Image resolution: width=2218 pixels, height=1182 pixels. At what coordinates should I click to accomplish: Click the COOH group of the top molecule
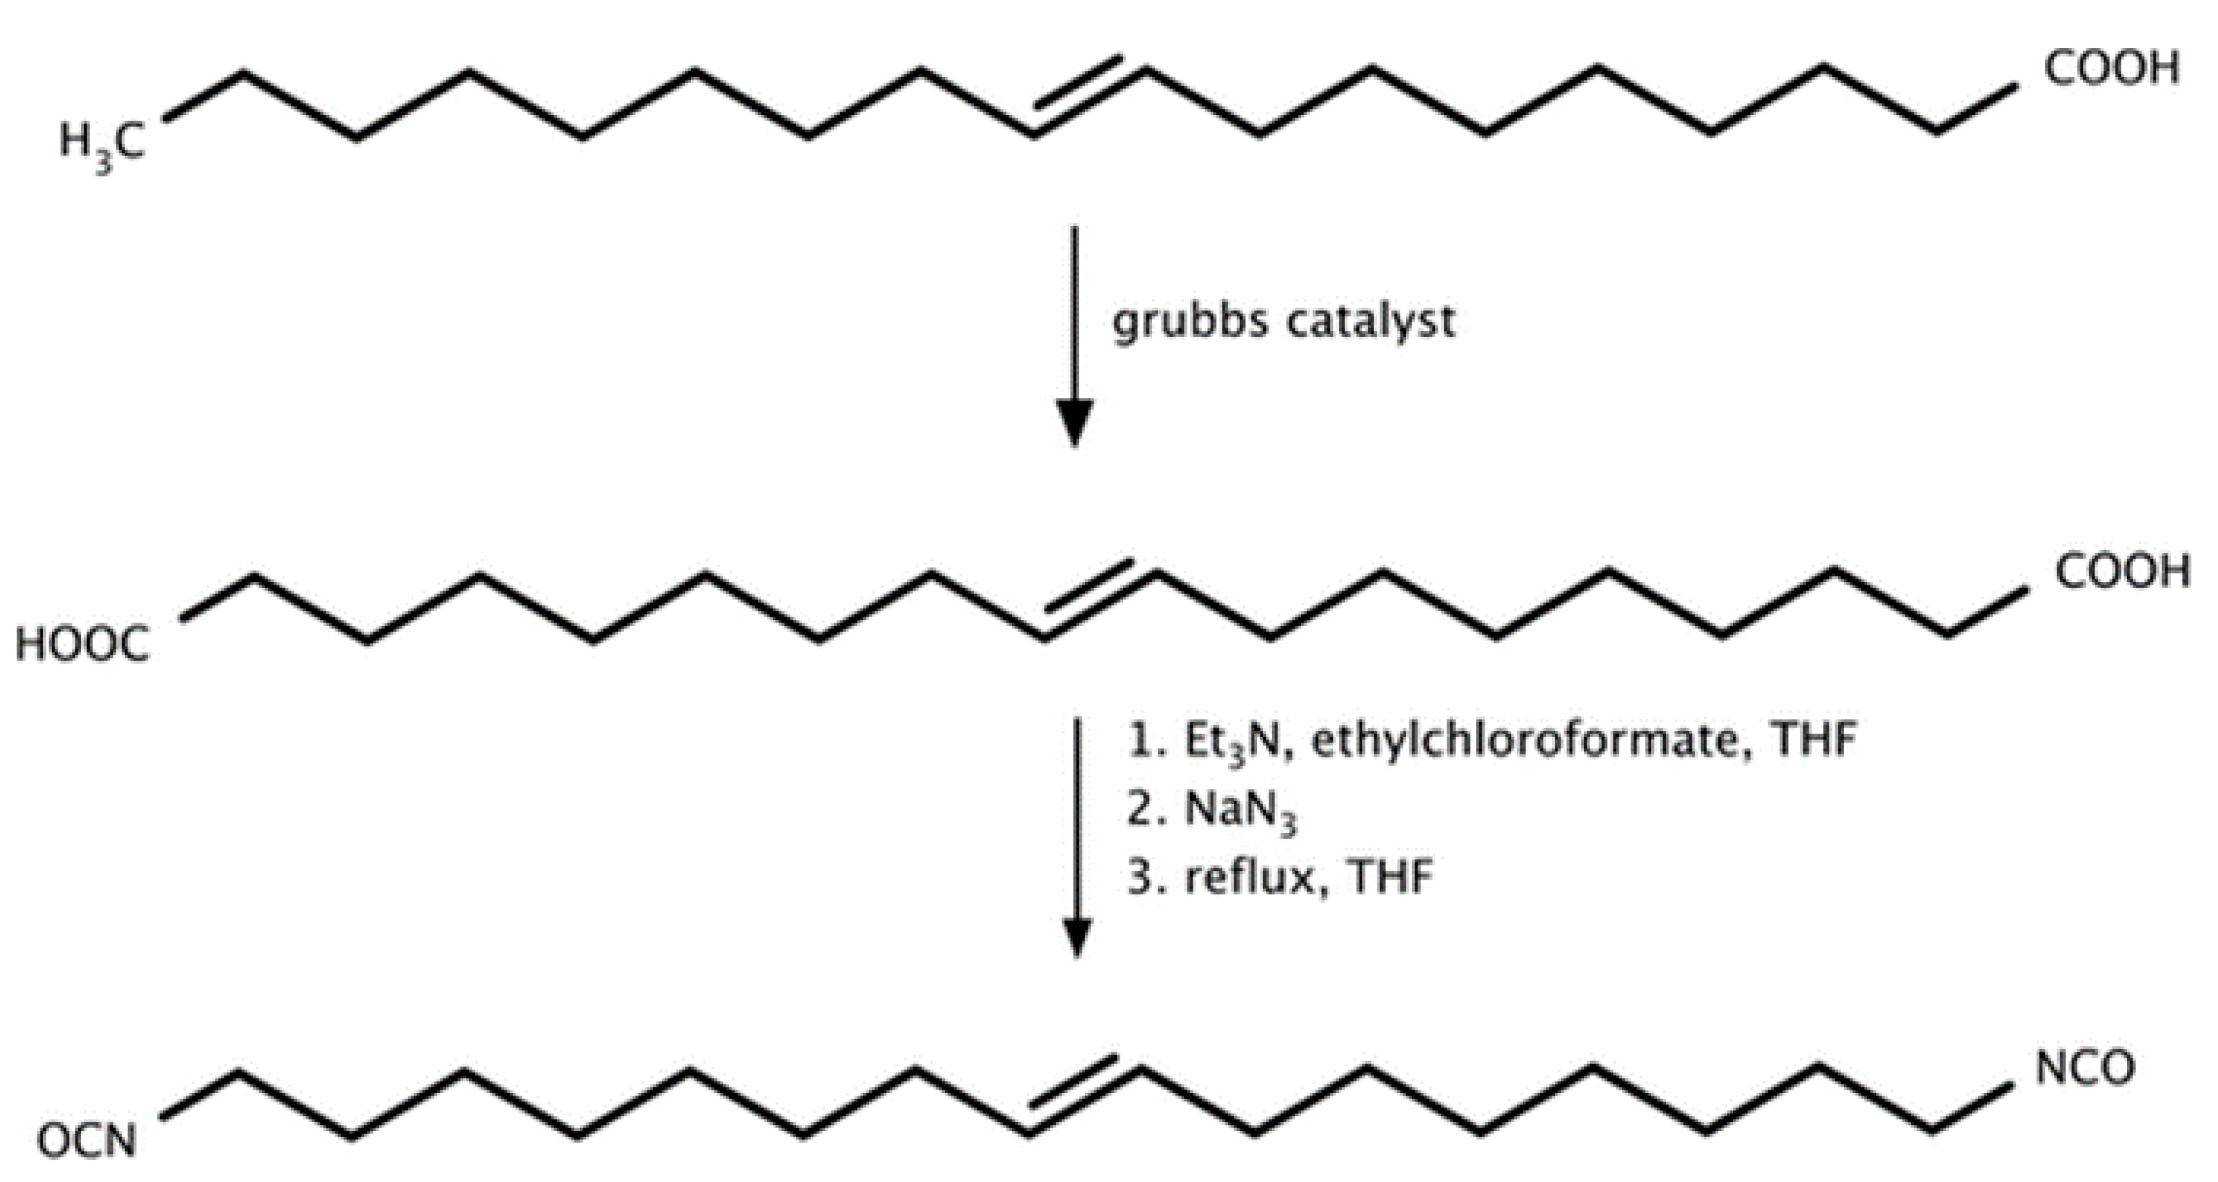pyautogui.click(x=2111, y=69)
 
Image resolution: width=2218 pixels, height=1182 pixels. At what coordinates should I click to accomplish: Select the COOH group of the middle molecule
pyautogui.click(x=2122, y=571)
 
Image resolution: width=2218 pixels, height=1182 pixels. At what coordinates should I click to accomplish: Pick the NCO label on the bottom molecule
pyautogui.click(x=2085, y=1068)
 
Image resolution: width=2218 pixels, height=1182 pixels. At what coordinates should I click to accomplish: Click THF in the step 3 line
pyautogui.click(x=1391, y=879)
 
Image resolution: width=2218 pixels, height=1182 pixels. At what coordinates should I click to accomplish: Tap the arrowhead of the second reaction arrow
pyautogui.click(x=1077, y=937)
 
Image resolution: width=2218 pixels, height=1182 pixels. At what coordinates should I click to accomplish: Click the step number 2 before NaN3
pyautogui.click(x=1142, y=812)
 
